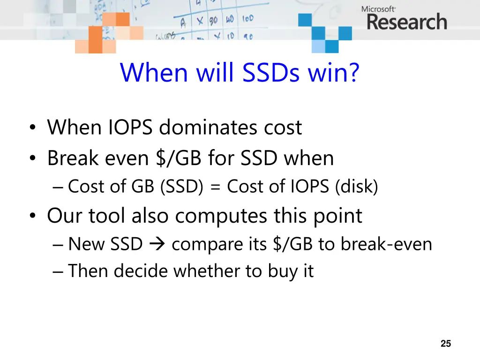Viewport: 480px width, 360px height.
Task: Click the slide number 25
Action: click(x=446, y=344)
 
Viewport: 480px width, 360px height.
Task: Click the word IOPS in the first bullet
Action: click(x=133, y=127)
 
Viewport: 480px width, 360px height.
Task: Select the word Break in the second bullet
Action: click(x=75, y=158)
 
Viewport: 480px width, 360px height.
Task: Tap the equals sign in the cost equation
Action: click(x=215, y=187)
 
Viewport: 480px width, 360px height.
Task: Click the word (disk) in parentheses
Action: click(x=356, y=187)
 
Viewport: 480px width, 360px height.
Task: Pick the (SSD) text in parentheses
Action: click(x=181, y=187)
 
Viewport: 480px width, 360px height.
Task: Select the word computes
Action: click(x=224, y=217)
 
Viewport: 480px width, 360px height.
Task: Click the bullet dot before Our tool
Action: click(x=32, y=217)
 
